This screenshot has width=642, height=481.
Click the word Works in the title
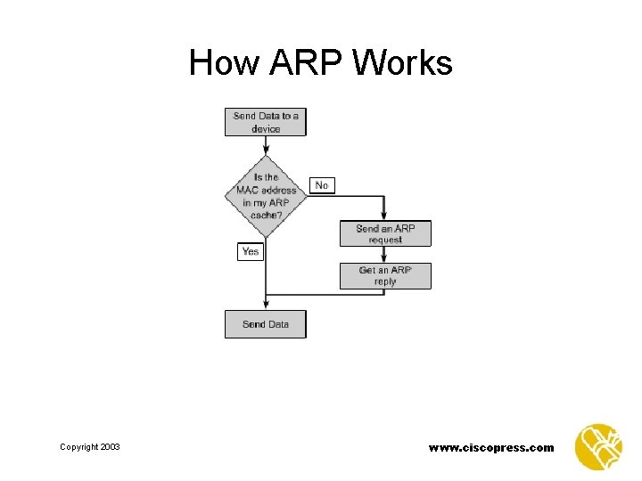(403, 63)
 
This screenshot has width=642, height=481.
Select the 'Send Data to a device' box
(265, 122)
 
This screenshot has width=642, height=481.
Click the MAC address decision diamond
(266, 196)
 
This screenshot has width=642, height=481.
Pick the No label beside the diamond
(321, 185)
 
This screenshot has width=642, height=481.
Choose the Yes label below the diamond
(251, 251)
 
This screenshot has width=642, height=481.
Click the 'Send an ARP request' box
(385, 233)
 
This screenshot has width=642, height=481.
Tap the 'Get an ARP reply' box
(385, 275)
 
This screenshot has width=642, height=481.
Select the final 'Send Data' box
(265, 324)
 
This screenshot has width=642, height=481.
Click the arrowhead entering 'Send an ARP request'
(384, 217)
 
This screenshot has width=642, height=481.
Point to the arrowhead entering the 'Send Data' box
(266, 306)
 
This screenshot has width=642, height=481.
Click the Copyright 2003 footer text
(90, 447)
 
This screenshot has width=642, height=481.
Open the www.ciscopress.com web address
(491, 447)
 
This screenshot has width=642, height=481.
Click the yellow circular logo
(598, 446)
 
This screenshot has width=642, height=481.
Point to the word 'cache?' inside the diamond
(266, 216)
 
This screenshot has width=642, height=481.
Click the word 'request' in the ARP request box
(385, 240)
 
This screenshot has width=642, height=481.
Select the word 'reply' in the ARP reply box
(385, 281)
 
